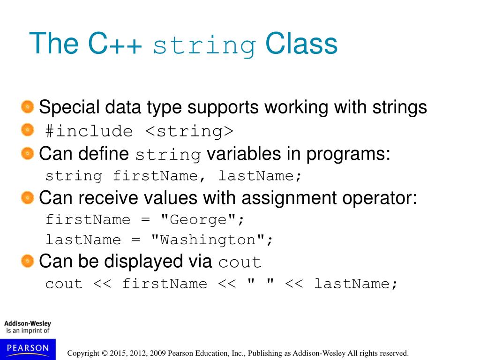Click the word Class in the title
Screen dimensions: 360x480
(x=301, y=44)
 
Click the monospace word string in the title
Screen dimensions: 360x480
(x=204, y=46)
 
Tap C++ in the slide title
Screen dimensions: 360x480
(x=114, y=44)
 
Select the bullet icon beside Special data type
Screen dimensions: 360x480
(x=28, y=107)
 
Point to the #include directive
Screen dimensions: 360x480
(x=89, y=131)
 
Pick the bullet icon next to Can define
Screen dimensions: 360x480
(x=28, y=153)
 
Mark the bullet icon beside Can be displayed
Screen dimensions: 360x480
(x=28, y=260)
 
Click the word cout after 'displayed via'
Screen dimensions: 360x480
(x=240, y=262)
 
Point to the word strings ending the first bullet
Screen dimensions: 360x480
(x=400, y=107)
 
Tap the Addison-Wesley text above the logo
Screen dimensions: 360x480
(x=28, y=323)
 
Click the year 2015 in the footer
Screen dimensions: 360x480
(x=118, y=353)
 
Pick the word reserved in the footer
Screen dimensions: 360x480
(x=395, y=353)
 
